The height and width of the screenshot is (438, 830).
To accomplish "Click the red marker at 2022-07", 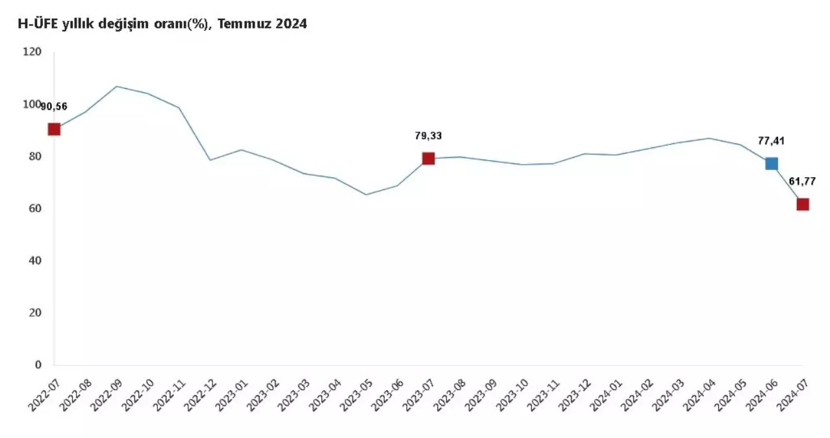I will tap(54, 129).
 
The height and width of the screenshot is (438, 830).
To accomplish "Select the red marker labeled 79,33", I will tap(428, 158).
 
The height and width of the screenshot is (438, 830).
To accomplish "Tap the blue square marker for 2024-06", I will tap(771, 164).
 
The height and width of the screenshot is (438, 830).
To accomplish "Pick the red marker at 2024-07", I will tap(803, 204).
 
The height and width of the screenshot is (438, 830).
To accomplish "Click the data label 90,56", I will tap(55, 107).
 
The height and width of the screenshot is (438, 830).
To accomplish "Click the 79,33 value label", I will tap(428, 136).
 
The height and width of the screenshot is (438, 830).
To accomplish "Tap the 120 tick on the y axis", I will tap(31, 52).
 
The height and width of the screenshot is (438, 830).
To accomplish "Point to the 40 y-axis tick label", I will tap(34, 261).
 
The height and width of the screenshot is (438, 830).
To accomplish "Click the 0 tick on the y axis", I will tap(37, 365).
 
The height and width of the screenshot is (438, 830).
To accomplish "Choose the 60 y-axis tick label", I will tap(34, 208).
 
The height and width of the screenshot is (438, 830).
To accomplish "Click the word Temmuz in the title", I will tap(242, 25).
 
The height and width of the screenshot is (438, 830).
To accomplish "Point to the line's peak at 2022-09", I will tap(116, 86).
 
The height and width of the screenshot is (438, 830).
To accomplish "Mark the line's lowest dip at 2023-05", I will tap(366, 195).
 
